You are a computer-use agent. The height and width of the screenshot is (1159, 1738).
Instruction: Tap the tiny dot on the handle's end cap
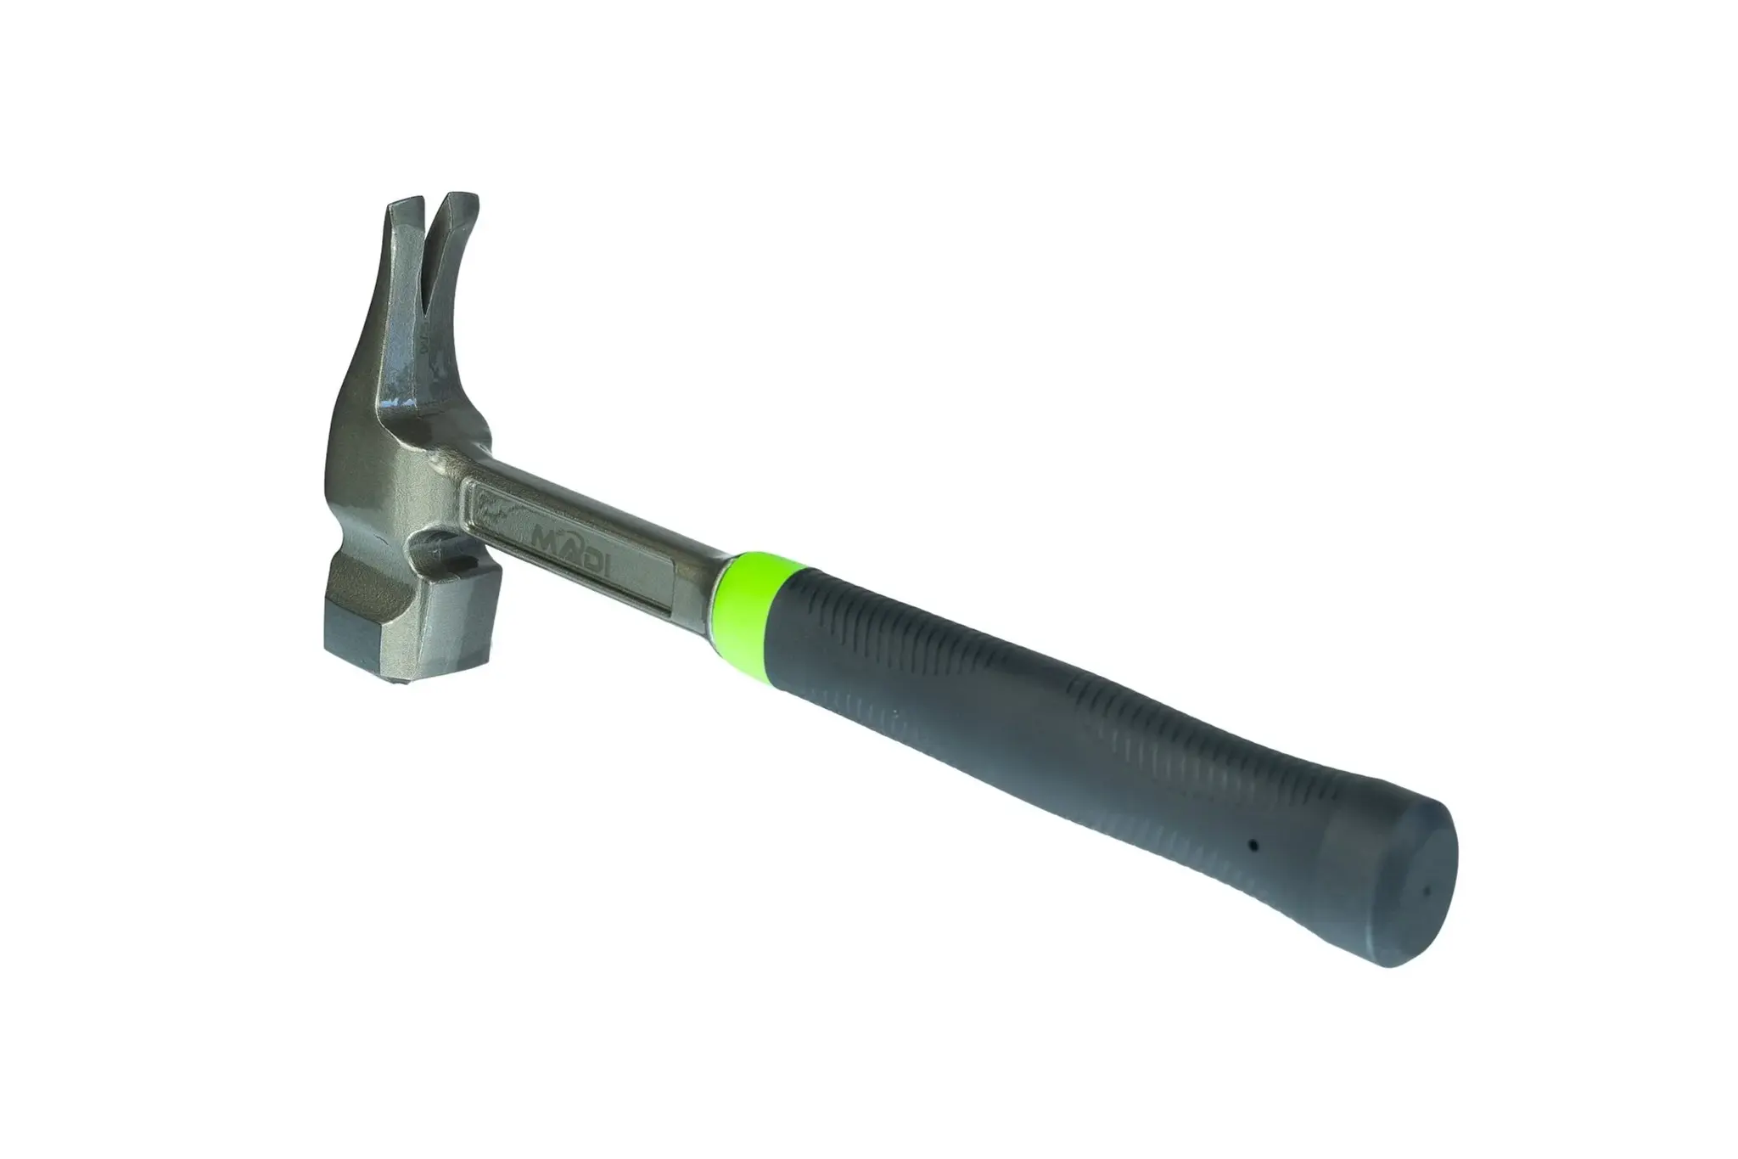1427,891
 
